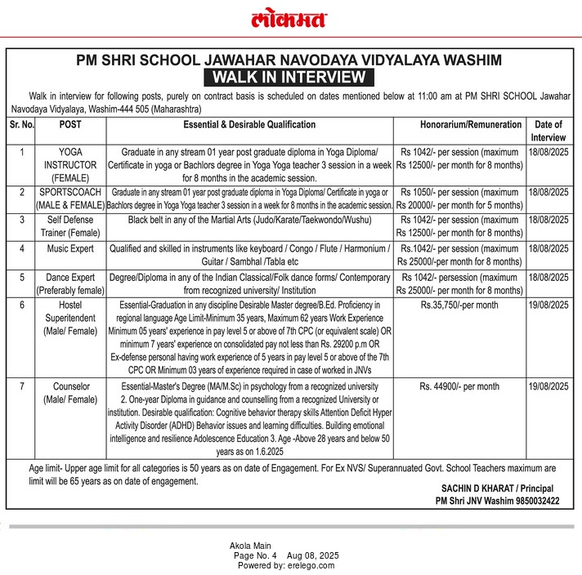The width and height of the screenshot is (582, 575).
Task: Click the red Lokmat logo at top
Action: tap(290, 19)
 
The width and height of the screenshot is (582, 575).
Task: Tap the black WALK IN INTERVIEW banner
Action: tap(289, 78)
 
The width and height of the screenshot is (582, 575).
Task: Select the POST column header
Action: tap(70, 125)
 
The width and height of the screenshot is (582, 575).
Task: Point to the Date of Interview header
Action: tap(549, 131)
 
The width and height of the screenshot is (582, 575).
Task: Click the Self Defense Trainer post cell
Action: tap(70, 226)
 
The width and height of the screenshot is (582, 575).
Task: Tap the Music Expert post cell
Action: tap(70, 247)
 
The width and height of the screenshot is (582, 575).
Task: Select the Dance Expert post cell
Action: tap(70, 283)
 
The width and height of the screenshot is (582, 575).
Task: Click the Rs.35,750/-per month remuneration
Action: tap(459, 304)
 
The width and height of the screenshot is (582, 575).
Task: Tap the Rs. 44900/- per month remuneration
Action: tap(459, 386)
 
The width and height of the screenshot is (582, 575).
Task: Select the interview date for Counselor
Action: tap(549, 386)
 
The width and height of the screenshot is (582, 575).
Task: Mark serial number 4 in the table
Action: tap(21, 247)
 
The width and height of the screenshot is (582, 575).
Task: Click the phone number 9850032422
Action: tap(532, 501)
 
